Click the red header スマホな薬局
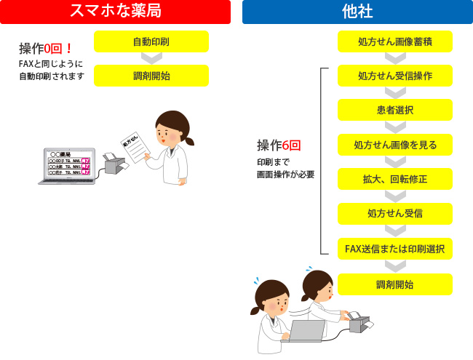pos(116,11)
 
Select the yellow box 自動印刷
pos(151,41)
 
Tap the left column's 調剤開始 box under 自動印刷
pos(151,76)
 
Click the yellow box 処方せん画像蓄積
pos(395,41)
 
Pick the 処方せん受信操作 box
pos(395,76)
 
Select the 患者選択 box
pos(395,110)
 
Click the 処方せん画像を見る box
pos(395,145)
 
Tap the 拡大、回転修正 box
pos(395,179)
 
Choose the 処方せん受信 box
pos(395,214)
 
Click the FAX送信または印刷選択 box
pos(395,249)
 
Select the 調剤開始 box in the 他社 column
pos(395,284)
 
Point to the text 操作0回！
pos(46,49)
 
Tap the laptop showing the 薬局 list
pos(65,167)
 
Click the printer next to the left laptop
pos(115,164)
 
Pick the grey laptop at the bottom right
pos(306,332)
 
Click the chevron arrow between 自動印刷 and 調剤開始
pos(151,58)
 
